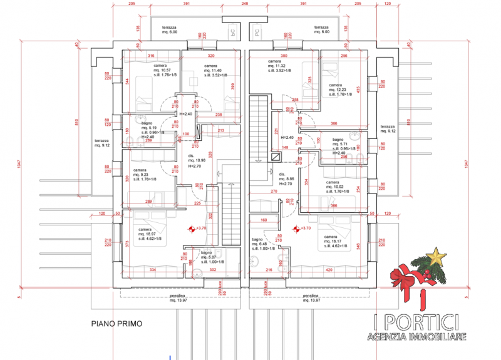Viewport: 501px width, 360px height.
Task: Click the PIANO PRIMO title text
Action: [x=116, y=324]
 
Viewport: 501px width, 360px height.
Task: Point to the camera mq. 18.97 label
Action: [x=148, y=234]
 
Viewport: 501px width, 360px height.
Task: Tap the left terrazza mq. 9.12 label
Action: [x=101, y=143]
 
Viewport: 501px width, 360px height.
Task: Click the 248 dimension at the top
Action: [x=244, y=4]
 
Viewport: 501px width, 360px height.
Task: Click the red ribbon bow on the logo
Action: [x=408, y=276]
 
